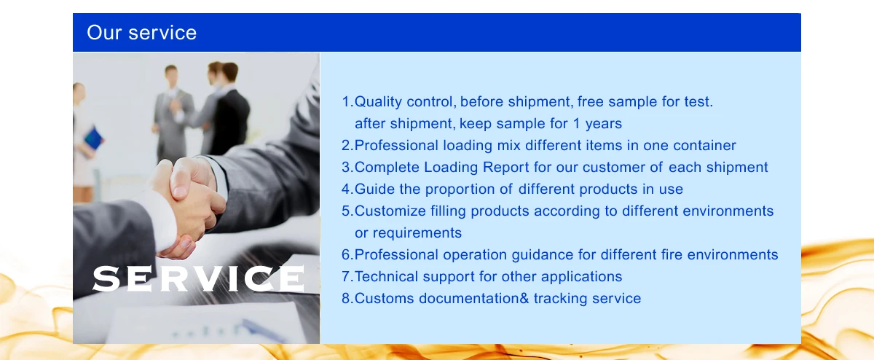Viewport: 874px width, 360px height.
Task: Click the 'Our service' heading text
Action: point(141,32)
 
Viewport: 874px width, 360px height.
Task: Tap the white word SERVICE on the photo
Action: point(199,278)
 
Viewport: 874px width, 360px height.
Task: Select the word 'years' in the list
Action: point(603,124)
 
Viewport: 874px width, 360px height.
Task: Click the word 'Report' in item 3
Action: point(505,168)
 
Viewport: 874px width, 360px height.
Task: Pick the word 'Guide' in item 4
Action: point(374,189)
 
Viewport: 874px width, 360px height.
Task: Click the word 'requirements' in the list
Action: point(417,233)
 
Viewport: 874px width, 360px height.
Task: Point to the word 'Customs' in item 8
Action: point(384,298)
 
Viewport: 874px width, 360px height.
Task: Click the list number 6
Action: point(347,254)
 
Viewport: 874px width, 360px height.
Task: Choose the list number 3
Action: point(347,167)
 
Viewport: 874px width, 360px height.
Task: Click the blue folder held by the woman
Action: point(94,138)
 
